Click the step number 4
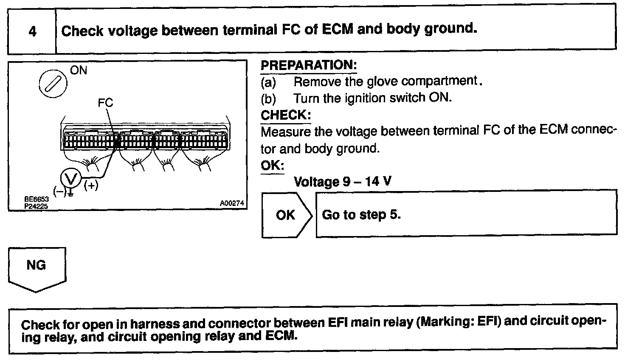point(32,31)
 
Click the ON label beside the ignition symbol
point(78,70)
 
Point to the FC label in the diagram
point(105,103)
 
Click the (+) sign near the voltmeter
point(91,186)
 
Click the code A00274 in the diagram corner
point(232,204)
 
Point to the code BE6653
point(37,199)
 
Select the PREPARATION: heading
point(308,65)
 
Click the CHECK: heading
point(285,115)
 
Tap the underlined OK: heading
point(272,166)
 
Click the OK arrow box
point(286,215)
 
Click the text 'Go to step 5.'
point(361,215)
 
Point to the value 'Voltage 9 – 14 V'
point(342,182)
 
